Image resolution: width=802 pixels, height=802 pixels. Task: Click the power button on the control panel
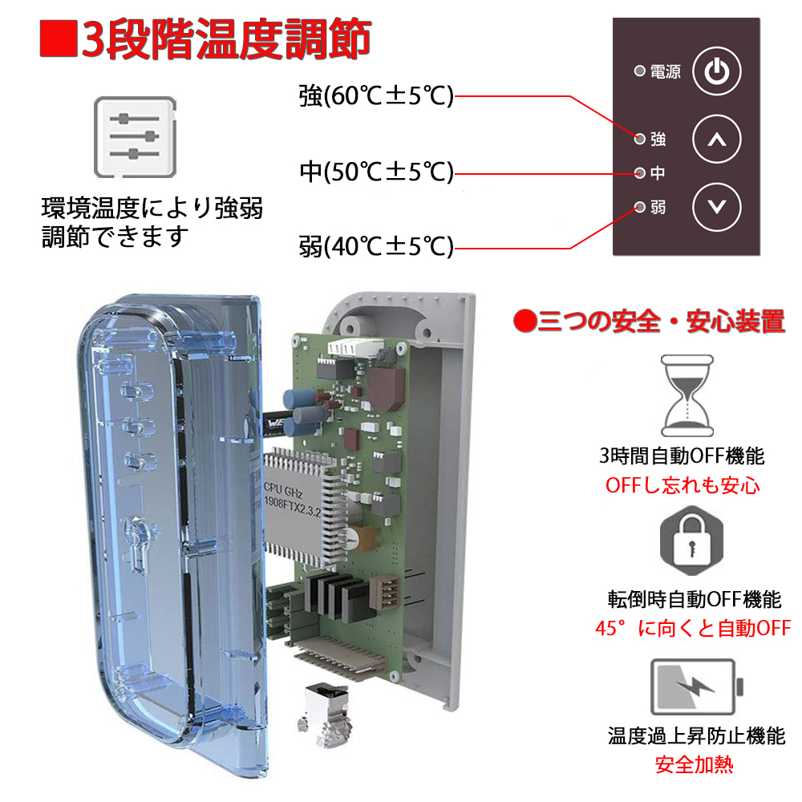(716, 71)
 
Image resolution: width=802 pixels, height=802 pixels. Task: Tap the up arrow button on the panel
(716, 139)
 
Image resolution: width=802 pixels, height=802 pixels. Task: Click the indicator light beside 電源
(639, 71)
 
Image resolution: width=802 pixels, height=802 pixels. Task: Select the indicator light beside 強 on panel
(639, 139)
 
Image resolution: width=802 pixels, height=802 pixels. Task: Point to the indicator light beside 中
(639, 173)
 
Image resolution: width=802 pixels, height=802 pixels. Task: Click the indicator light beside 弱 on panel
(639, 207)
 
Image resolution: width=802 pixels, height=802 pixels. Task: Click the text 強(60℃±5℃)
(376, 95)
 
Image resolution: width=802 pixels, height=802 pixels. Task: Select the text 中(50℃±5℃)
(376, 172)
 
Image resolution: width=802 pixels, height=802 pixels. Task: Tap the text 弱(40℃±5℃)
(376, 246)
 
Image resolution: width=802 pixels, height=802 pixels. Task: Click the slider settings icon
(135, 137)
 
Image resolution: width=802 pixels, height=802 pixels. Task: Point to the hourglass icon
(687, 395)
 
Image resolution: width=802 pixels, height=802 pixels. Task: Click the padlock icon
(691, 541)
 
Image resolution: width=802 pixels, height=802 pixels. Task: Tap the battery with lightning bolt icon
(696, 687)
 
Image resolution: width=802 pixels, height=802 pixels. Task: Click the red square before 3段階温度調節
(59, 38)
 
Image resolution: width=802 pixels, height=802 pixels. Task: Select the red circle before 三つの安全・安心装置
(525, 322)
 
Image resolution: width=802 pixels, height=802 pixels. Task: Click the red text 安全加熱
(694, 764)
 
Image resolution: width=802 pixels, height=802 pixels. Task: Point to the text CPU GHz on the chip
(283, 490)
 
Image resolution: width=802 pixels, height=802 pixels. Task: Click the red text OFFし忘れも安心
(683, 485)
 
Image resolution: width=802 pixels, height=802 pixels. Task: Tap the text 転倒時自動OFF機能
(694, 599)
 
